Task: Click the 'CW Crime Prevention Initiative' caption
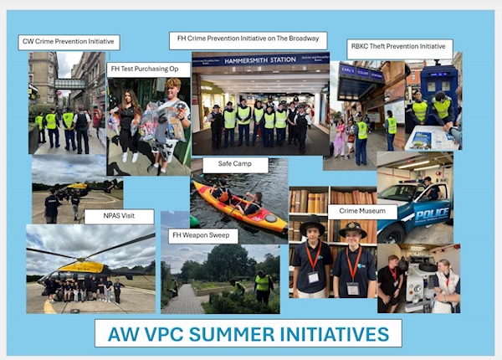click(x=69, y=42)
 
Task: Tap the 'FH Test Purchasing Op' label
click(x=145, y=69)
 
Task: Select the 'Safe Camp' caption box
click(x=234, y=163)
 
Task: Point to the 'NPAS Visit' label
click(x=119, y=216)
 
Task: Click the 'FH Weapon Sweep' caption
click(x=201, y=235)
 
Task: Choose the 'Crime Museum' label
click(x=362, y=211)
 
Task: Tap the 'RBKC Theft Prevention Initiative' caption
click(x=398, y=46)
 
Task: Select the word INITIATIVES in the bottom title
click(x=335, y=334)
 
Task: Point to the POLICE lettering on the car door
click(x=432, y=214)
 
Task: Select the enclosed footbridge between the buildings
click(x=69, y=84)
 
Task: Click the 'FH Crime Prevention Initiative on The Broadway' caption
click(x=248, y=39)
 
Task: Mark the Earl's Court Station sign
click(x=361, y=73)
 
